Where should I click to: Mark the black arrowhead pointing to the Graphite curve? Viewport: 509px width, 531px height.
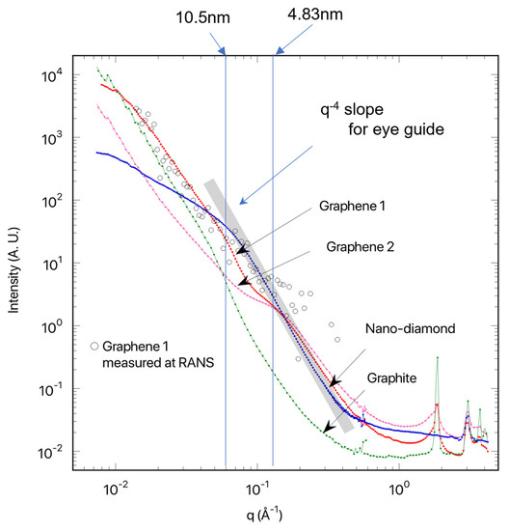330,429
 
